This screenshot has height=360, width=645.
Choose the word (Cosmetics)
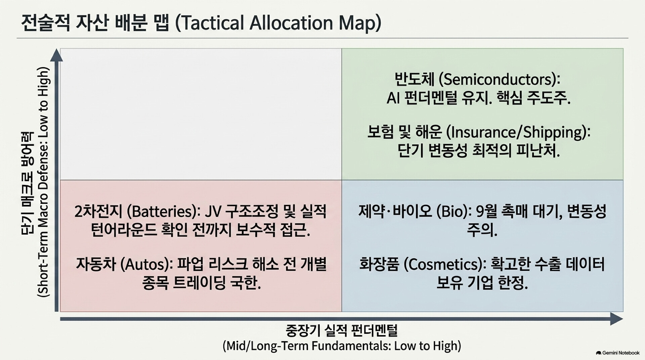click(443, 265)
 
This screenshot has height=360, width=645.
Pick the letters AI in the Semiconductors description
click(393, 98)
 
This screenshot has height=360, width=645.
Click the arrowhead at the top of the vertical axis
click(56, 55)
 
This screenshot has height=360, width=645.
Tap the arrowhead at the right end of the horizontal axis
click(616, 319)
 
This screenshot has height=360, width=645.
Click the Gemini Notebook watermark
click(617, 353)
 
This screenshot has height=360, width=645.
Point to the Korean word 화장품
click(379, 265)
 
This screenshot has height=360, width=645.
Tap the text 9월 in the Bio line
click(485, 212)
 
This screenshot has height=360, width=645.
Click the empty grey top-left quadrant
click(201, 114)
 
